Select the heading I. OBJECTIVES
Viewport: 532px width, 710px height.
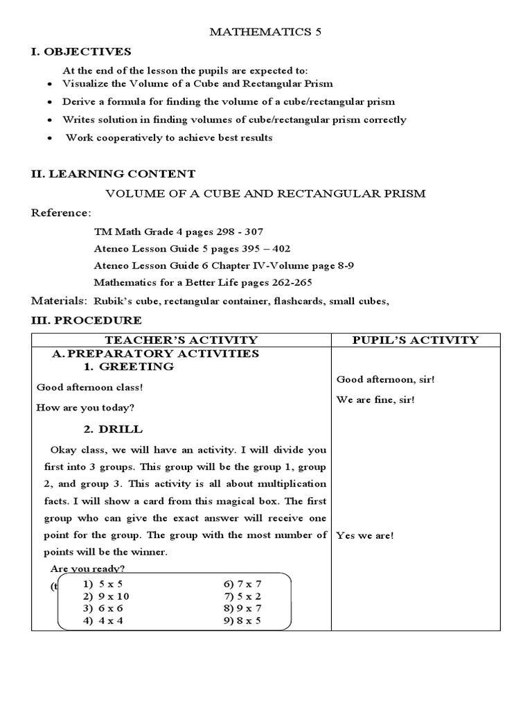[x=81, y=52]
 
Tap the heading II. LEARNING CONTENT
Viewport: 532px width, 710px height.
[x=113, y=174]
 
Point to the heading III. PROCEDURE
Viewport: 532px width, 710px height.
[x=87, y=320]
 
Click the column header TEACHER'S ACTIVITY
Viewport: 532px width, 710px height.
[x=181, y=340]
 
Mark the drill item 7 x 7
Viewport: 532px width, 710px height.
[x=242, y=584]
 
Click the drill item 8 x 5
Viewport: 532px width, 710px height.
[x=242, y=621]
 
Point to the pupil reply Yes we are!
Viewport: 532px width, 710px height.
[x=365, y=536]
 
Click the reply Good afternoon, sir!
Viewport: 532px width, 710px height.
[x=385, y=379]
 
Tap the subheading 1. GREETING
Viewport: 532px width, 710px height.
[x=128, y=367]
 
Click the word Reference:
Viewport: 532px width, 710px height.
[x=61, y=212]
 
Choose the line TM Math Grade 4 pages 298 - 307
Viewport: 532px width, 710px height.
[x=178, y=231]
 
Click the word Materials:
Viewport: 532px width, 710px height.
[x=59, y=301]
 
